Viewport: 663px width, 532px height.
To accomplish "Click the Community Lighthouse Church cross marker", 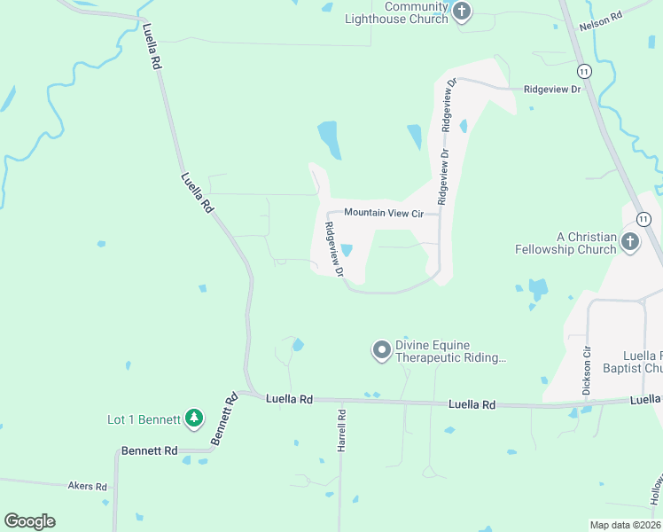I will point(461,12).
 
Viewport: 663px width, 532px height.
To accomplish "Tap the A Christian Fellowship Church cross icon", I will point(629,242).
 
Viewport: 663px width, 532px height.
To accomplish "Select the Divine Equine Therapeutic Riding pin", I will point(382,351).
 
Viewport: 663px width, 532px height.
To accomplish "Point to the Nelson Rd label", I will point(601,21).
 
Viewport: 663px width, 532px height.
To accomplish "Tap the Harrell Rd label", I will point(341,431).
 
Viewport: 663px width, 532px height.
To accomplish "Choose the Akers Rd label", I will point(87,487).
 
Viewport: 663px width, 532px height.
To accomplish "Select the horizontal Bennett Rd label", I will point(150,451).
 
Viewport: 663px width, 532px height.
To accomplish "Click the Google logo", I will point(29,521).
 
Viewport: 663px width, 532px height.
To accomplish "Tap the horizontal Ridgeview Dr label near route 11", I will point(551,90).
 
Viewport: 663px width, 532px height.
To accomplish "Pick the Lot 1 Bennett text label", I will point(144,419).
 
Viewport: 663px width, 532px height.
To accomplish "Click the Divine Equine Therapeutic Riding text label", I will point(451,351).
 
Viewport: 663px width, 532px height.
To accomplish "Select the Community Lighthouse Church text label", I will point(397,12).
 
